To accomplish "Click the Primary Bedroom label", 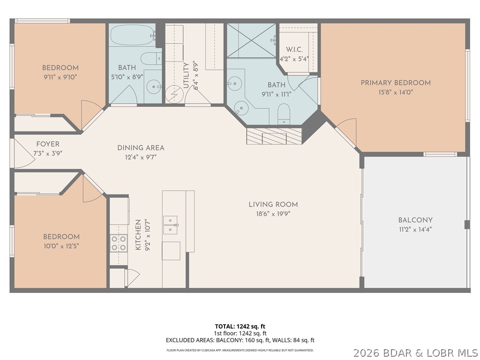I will tap(395, 83).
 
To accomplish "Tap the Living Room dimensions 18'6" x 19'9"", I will tap(273, 213).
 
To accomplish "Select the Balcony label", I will tap(415, 220).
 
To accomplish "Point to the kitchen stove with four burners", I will tap(119, 243).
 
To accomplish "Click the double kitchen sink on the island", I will tap(170, 225).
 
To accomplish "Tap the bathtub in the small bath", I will tap(133, 35).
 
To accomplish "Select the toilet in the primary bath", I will tap(284, 114).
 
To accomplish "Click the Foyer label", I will tap(48, 144).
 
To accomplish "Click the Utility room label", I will tap(186, 75).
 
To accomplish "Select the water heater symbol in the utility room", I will tap(173, 95).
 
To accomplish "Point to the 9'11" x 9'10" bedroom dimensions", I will tap(60, 77).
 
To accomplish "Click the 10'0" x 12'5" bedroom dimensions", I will tap(61, 246).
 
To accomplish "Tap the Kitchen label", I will tap(138, 235).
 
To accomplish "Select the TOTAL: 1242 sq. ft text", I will tap(240, 326).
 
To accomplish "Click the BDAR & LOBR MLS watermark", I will tap(415, 352).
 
